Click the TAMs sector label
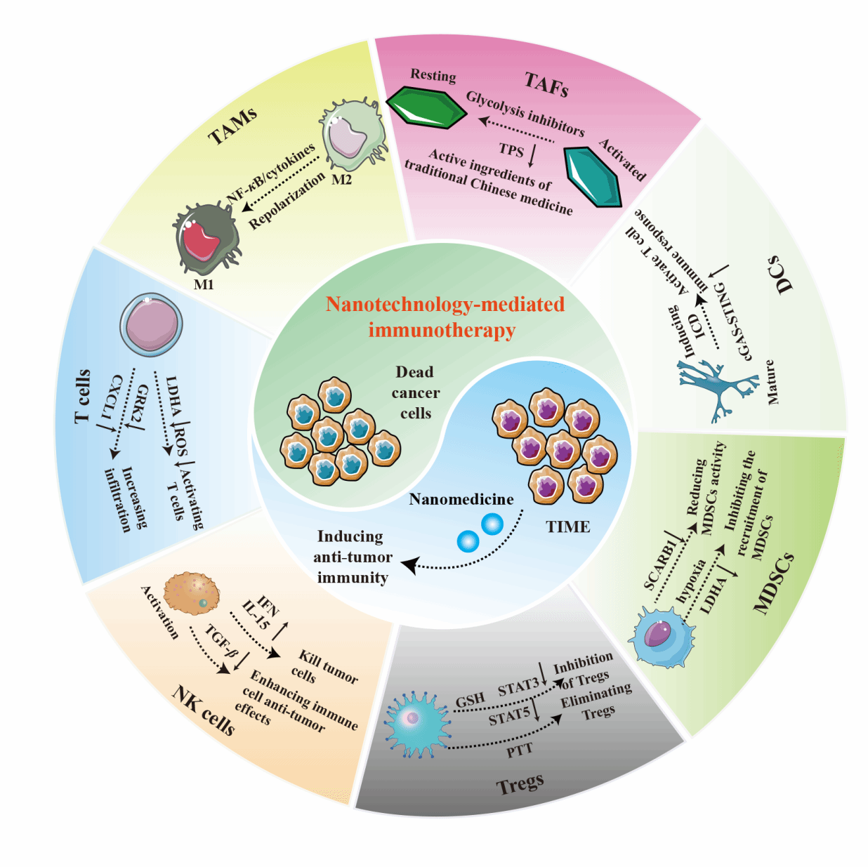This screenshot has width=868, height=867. [233, 126]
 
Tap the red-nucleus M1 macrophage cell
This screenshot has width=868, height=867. [206, 239]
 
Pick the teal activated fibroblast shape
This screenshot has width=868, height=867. [593, 176]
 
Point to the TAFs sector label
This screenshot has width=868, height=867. [546, 84]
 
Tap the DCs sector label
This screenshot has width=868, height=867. [780, 274]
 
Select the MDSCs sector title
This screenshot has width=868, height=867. [774, 583]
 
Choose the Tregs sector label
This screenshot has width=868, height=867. [520, 783]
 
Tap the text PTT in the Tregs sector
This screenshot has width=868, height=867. [520, 750]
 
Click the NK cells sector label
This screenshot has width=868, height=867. [204, 710]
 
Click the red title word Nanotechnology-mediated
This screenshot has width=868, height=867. [445, 304]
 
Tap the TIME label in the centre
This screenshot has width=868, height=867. [568, 527]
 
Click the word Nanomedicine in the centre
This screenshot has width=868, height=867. [461, 499]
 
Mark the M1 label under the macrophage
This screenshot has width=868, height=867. [204, 284]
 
